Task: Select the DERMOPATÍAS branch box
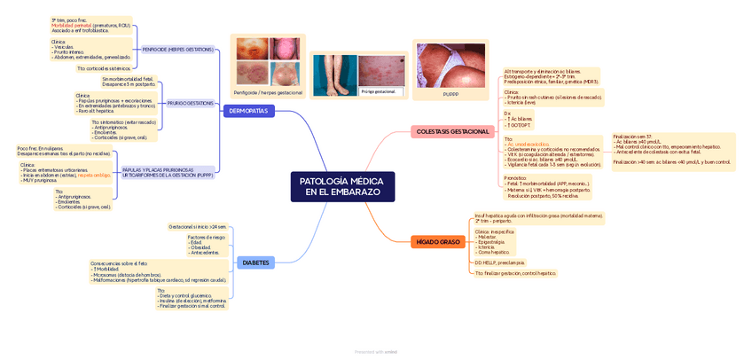pos(249,111)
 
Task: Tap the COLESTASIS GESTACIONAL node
pos(452,131)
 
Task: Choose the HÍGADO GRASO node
pos(438,241)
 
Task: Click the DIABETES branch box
pos(255,262)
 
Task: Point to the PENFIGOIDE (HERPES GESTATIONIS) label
pos(177,50)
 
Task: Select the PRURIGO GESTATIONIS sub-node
pos(190,103)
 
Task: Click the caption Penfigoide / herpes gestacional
pos(268,92)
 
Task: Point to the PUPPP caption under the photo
pos(450,93)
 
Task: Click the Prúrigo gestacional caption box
pos(380,91)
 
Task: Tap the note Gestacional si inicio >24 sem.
pos(198,226)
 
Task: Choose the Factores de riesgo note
pos(206,245)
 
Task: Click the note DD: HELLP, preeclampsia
pos(500,262)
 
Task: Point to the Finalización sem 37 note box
pos(671,151)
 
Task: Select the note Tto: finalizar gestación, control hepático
pos(515,274)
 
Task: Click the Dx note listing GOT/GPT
pos(519,119)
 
